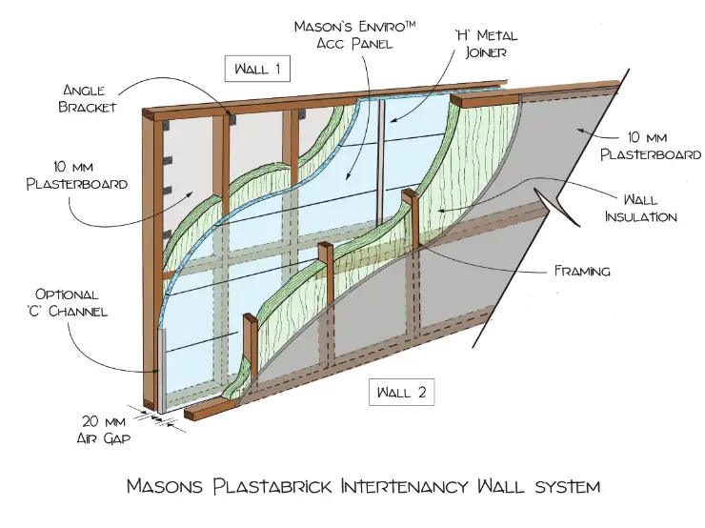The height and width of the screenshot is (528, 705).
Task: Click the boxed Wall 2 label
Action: (x=400, y=391)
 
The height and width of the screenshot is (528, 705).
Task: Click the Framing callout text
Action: (x=582, y=271)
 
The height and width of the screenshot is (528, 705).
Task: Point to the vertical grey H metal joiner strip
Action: (x=381, y=162)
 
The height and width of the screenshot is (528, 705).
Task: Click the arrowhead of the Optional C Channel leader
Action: (x=159, y=375)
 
